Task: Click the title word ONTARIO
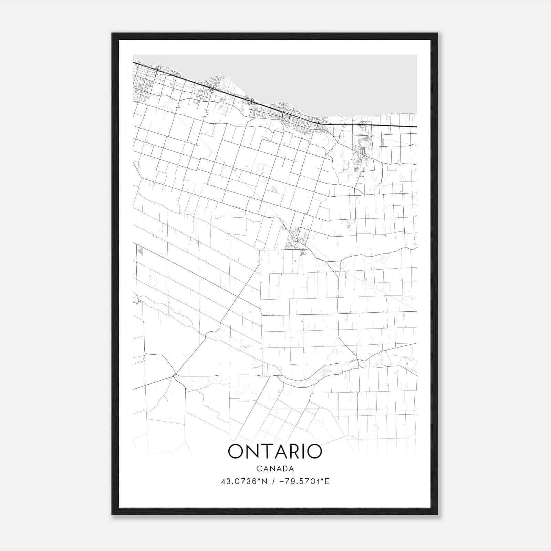coord(275,451)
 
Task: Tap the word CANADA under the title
coord(275,469)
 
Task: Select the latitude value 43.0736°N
coord(244,481)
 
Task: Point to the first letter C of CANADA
coord(259,469)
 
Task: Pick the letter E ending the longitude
coord(327,481)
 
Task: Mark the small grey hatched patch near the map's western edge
coord(140,250)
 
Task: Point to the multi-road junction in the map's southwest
coord(175,375)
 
